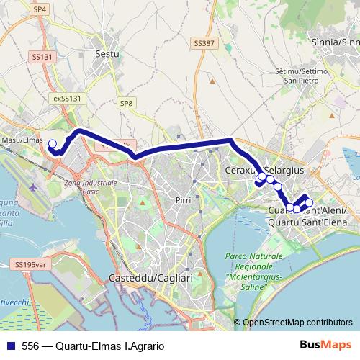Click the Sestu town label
[107, 53]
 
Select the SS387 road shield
[204, 44]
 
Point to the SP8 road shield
[127, 104]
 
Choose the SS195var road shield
[30, 265]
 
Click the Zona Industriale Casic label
[91, 188]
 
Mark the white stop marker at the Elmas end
[52, 143]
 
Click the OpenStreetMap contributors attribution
[297, 323]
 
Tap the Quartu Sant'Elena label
[307, 222]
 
